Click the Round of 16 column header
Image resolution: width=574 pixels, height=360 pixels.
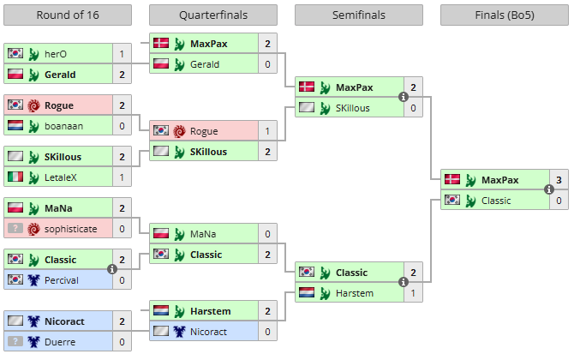pyautogui.click(x=68, y=15)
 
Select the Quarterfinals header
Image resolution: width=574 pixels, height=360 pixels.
pyautogui.click(x=212, y=15)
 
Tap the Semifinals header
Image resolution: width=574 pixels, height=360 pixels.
pyautogui.click(x=358, y=15)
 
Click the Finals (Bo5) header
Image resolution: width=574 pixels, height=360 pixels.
pyautogui.click(x=504, y=15)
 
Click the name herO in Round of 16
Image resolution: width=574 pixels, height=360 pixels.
pyautogui.click(x=56, y=53)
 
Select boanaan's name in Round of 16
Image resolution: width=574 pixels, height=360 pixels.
pyautogui.click(x=63, y=125)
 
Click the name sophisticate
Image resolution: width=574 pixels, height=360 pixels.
pyautogui.click(x=71, y=229)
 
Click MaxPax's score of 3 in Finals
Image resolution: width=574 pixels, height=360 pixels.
pyautogui.click(x=559, y=180)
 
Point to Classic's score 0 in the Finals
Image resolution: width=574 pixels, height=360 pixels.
pyautogui.click(x=559, y=201)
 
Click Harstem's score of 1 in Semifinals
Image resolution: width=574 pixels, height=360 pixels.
pyautogui.click(x=413, y=293)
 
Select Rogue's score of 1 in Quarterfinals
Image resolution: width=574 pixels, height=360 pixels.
pyautogui.click(x=267, y=131)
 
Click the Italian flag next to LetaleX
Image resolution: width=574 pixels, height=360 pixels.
pyautogui.click(x=15, y=177)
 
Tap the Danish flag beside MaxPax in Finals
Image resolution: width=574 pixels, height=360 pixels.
pyautogui.click(x=451, y=180)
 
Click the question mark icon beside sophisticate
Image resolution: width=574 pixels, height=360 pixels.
pyautogui.click(x=15, y=229)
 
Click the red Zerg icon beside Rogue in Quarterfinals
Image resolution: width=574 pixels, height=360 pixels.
pyautogui.click(x=180, y=131)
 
